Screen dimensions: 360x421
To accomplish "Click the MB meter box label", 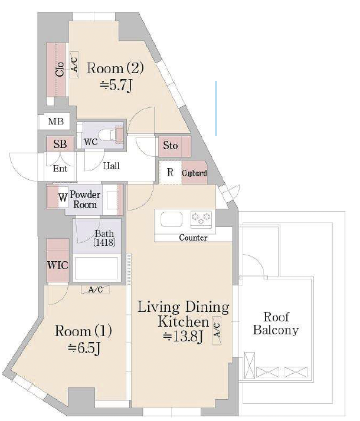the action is point(56,121).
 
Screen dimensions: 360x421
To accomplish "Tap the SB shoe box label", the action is point(60,144).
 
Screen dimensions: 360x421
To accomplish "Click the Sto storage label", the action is point(171,146).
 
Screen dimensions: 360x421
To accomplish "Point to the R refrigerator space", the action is point(171,172).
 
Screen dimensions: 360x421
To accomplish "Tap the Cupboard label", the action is point(195,173).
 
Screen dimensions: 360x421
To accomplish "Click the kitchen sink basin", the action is point(171,219).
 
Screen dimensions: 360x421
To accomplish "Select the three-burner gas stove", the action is point(201,218).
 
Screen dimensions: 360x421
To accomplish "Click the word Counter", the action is point(193,238).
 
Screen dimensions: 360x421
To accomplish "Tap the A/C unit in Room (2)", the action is point(74,65).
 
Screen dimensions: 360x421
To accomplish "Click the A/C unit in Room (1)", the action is point(96,290).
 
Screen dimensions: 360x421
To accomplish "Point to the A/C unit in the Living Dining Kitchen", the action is point(217,330).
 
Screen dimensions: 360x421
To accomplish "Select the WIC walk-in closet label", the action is point(57,265).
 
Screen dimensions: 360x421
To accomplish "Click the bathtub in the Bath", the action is point(96,268).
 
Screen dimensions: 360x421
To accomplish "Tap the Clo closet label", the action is point(60,69).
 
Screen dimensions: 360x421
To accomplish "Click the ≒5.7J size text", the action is point(116,85).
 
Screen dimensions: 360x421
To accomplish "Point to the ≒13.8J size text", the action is point(183,337).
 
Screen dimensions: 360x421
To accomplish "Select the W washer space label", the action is point(63,198).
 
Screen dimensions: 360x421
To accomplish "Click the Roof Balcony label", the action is point(276,324).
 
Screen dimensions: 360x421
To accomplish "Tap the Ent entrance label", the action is point(60,169).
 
